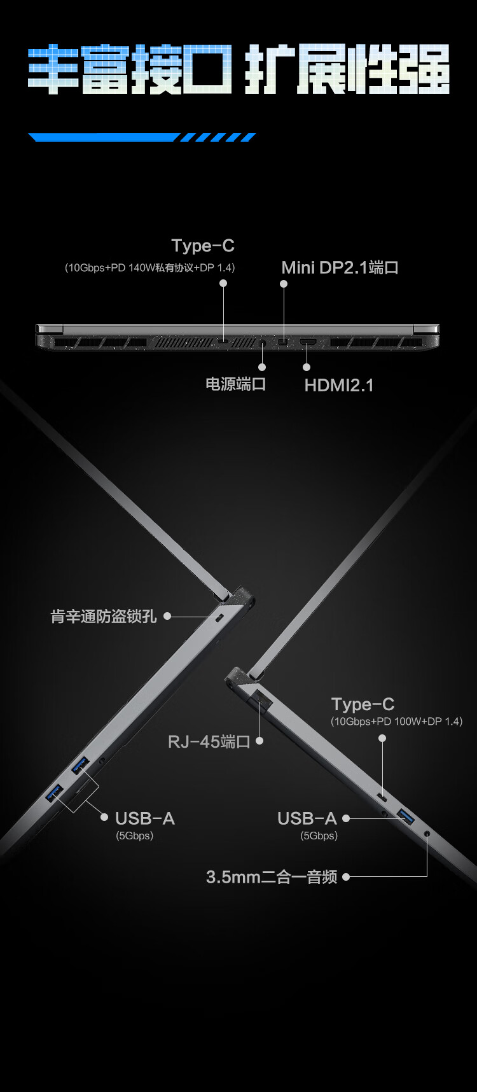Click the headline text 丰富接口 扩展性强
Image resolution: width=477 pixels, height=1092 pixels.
click(238, 69)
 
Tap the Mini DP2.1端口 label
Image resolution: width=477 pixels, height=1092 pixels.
click(340, 267)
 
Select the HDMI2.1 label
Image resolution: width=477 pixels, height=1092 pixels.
click(339, 385)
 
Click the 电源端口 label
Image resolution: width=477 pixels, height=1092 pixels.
click(235, 384)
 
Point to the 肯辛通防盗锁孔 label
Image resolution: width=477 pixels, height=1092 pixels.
click(104, 616)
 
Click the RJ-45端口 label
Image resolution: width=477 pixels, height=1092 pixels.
click(209, 741)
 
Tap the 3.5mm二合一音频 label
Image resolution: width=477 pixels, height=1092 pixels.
click(272, 877)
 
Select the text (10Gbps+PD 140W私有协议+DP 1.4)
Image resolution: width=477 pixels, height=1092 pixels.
click(150, 268)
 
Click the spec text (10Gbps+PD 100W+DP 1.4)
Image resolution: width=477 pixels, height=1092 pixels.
click(396, 721)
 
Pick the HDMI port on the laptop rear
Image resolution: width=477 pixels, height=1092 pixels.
click(308, 344)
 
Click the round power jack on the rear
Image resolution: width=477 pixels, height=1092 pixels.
click(263, 344)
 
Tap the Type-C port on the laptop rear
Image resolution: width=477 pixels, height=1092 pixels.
click(224, 343)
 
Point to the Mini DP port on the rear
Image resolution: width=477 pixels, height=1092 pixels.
click(283, 344)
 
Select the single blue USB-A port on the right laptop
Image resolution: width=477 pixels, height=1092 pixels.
click(406, 816)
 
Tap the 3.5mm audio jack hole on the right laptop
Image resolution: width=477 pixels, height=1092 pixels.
click(427, 832)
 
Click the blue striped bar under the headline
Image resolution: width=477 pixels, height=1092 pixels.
click(142, 137)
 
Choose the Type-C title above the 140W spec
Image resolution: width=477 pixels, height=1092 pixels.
click(203, 246)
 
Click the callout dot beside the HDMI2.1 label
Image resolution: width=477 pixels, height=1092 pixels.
click(307, 367)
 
